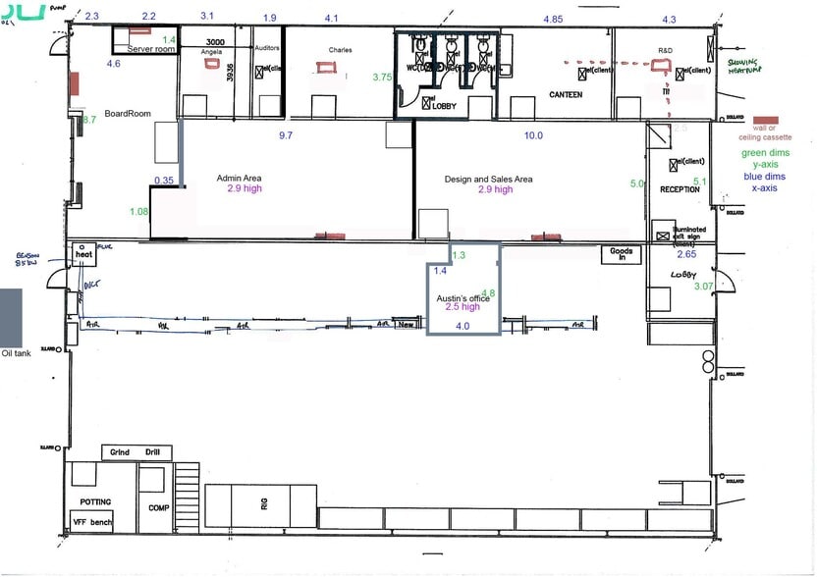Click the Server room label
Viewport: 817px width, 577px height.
151,48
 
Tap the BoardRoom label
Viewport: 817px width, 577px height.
128,114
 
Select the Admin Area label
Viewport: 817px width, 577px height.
240,179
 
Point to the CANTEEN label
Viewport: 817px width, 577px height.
565,95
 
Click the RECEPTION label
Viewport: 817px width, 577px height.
679,189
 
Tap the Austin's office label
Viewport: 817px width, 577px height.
463,297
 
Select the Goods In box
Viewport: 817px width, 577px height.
621,253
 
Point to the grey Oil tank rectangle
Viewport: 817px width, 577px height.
11,317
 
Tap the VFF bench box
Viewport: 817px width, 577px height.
94,522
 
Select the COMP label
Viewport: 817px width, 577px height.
158,508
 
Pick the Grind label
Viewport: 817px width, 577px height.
121,452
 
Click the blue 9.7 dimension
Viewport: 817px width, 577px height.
286,135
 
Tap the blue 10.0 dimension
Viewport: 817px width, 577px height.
533,135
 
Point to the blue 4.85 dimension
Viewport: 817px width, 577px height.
553,19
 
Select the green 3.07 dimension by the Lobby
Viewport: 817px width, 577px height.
703,286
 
